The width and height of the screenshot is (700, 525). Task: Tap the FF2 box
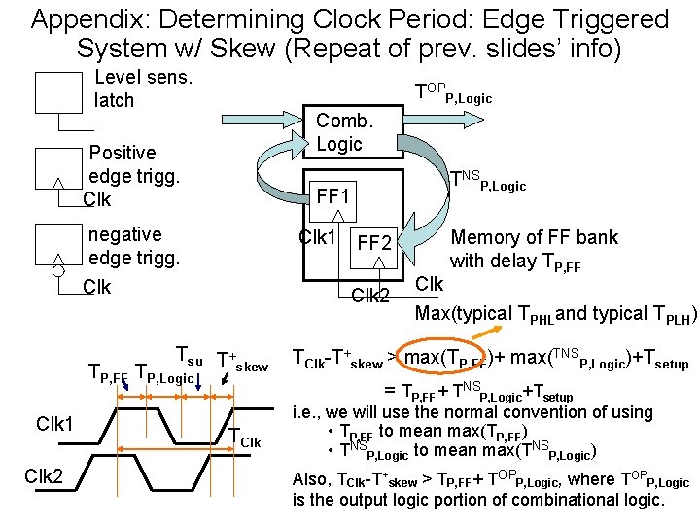coord(374,242)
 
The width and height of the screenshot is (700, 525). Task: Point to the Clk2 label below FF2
coord(369,296)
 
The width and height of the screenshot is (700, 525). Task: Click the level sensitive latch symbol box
coord(58,93)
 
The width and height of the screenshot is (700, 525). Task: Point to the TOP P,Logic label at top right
coord(452,93)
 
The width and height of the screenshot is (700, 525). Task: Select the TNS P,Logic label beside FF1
coord(486,181)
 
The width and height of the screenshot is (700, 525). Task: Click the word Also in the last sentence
coord(313,479)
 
